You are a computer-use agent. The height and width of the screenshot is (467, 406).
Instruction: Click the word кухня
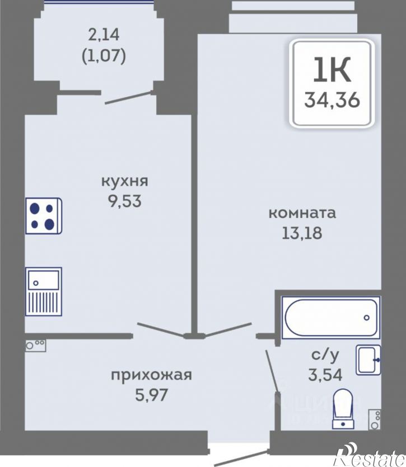coord(124,181)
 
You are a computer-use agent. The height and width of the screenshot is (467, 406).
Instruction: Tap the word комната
coord(302,213)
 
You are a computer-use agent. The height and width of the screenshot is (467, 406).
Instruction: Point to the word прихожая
coord(151,375)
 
